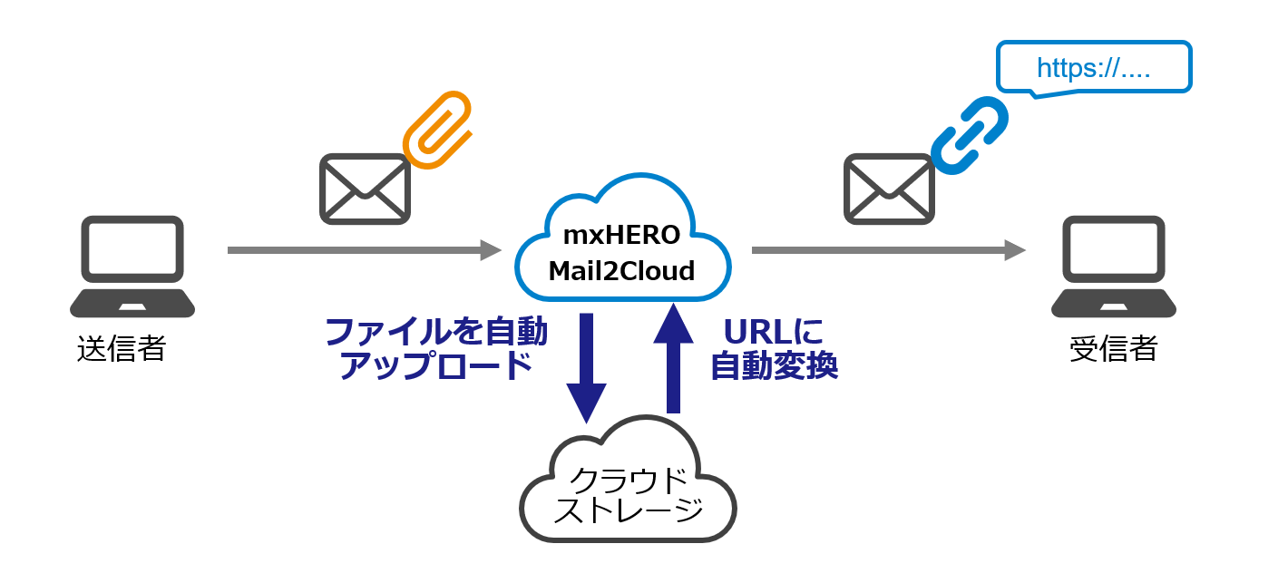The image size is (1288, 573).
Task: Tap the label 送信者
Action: coord(122,349)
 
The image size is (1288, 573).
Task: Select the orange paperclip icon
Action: coord(437,129)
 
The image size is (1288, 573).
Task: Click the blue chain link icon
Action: coord(970,135)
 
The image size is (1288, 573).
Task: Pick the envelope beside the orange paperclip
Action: coord(365,189)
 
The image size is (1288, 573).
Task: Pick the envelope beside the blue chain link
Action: coord(889,189)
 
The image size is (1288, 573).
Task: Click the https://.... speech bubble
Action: coord(1093,67)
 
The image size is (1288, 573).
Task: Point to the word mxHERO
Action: coord(621,236)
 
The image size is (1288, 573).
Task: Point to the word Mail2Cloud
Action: coord(621,270)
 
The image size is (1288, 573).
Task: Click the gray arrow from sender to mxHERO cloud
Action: coord(363,249)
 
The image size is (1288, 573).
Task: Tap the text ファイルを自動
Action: coord(435,332)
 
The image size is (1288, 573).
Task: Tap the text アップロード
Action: coord(434,366)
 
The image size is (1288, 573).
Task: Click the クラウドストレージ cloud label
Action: coord(628,494)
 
